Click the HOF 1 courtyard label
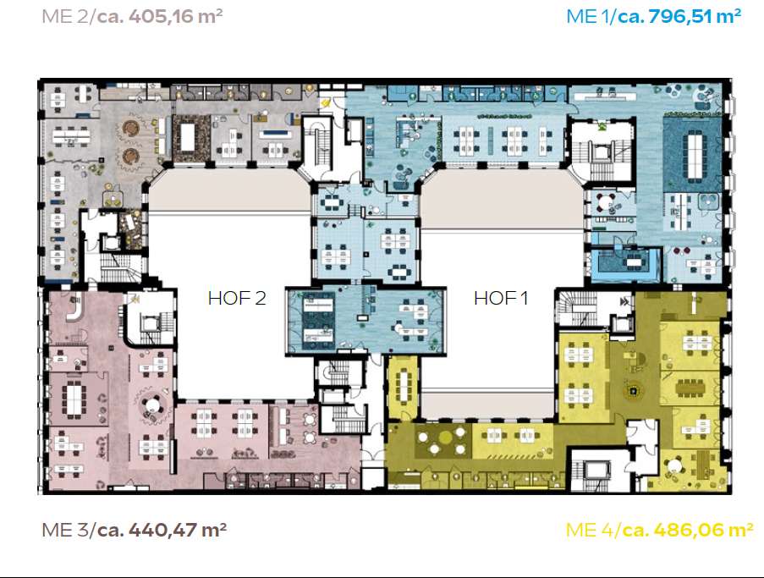[501, 298]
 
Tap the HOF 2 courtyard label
[237, 298]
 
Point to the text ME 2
[64, 16]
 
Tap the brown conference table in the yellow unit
[690, 388]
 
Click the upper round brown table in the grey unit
[130, 128]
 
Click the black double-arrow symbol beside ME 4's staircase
[624, 302]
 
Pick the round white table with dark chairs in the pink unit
[153, 405]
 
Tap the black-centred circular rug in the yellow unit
[634, 390]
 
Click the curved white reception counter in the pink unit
[75, 311]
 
